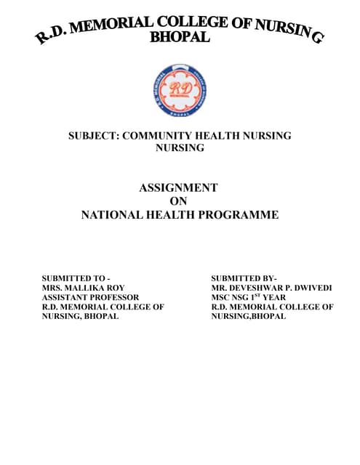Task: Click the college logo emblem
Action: coord(180,90)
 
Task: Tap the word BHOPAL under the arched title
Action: coord(180,37)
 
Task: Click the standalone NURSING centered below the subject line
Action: coord(180,147)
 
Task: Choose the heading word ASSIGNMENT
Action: coord(178,187)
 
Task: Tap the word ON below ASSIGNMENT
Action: coord(178,201)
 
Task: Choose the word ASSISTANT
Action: coord(63,297)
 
